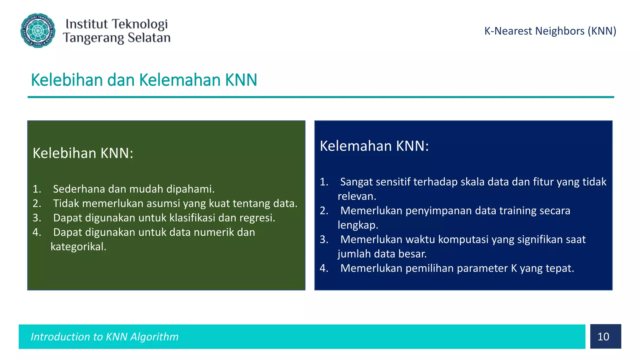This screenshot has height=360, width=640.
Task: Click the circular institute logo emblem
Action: [x=38, y=31]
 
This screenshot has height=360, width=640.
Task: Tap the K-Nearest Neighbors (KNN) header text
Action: [x=550, y=31]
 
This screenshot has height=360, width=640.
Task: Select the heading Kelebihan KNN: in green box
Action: [x=83, y=153]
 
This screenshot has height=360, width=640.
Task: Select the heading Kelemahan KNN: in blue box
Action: [x=374, y=146]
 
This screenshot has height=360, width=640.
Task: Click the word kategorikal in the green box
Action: [x=78, y=247]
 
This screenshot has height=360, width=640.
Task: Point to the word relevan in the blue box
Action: [x=357, y=196]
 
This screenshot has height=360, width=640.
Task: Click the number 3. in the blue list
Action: [x=324, y=239]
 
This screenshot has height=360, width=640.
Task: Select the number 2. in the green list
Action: [x=37, y=203]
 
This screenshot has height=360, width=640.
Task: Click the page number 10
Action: [x=603, y=337]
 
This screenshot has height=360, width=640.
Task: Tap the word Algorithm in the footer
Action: [x=154, y=337]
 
